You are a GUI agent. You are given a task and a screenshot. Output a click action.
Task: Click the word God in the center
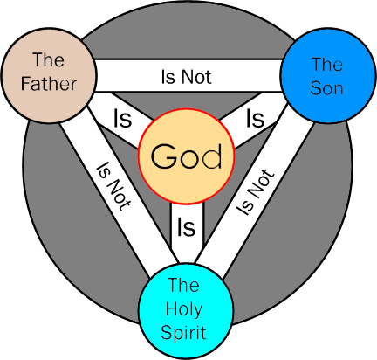click(186, 156)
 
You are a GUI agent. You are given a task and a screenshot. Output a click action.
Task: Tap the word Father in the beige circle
click(49, 84)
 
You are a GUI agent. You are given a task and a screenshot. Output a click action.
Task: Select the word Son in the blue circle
click(326, 87)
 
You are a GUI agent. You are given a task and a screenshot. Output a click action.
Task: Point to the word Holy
click(184, 309)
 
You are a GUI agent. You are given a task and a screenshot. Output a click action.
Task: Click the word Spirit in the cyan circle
click(183, 333)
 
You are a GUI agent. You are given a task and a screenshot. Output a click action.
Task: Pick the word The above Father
click(49, 59)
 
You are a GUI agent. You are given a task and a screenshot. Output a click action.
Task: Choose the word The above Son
click(327, 64)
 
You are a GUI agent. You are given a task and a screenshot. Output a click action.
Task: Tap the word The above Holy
click(183, 285)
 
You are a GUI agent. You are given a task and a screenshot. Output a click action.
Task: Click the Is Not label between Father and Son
click(186, 77)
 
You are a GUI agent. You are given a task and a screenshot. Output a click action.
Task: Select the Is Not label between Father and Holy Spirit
click(113, 186)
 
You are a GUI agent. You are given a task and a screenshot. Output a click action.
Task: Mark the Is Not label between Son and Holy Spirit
click(255, 192)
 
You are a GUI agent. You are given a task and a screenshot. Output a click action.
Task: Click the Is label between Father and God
click(122, 119)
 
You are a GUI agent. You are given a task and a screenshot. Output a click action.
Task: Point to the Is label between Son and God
click(255, 119)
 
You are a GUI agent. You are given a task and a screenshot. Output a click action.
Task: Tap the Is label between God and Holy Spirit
click(186, 227)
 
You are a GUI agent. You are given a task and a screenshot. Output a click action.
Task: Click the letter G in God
click(164, 156)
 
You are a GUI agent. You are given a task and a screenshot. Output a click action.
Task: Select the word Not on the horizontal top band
click(196, 77)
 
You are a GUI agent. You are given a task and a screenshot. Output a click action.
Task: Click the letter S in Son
click(315, 87)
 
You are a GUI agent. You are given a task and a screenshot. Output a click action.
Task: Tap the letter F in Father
click(25, 83)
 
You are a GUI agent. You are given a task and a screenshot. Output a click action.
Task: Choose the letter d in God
click(213, 156)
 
